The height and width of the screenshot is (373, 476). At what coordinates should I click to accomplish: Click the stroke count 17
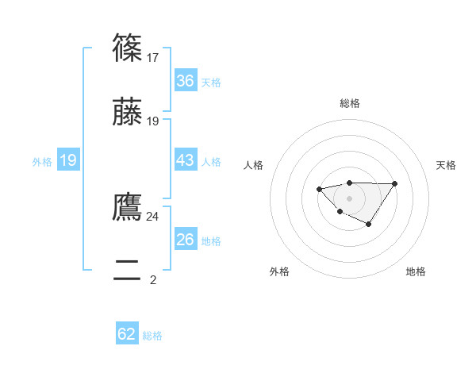pyautogui.click(x=154, y=57)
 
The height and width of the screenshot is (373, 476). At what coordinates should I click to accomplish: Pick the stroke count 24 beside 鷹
pyautogui.click(x=153, y=216)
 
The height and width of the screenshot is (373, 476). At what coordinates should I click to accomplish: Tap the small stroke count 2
pyautogui.click(x=153, y=279)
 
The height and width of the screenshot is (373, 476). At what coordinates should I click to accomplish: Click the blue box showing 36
pyautogui.click(x=185, y=81)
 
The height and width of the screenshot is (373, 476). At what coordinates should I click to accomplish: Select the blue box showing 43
pyautogui.click(x=185, y=160)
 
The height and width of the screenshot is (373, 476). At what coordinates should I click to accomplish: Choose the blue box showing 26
pyautogui.click(x=185, y=240)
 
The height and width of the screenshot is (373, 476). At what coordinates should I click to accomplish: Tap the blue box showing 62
pyautogui.click(x=127, y=334)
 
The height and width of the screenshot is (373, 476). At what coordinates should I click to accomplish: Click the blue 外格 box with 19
pyautogui.click(x=68, y=161)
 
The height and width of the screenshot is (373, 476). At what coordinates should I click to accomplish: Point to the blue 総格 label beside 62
pyautogui.click(x=152, y=336)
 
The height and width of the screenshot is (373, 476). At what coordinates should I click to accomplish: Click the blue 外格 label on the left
pyautogui.click(x=42, y=162)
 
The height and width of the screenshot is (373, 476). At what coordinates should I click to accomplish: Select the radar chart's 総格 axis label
pyautogui.click(x=349, y=103)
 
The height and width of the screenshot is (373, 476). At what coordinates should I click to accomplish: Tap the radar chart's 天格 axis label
pyautogui.click(x=446, y=165)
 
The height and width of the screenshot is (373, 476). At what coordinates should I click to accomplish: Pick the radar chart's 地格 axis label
pyautogui.click(x=416, y=272)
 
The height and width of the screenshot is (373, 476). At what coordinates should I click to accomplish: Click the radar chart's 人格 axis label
pyautogui.click(x=254, y=165)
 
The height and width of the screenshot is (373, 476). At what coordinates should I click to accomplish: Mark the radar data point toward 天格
pyautogui.click(x=395, y=184)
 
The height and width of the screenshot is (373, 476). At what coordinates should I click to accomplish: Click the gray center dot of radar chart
pyautogui.click(x=349, y=198)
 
